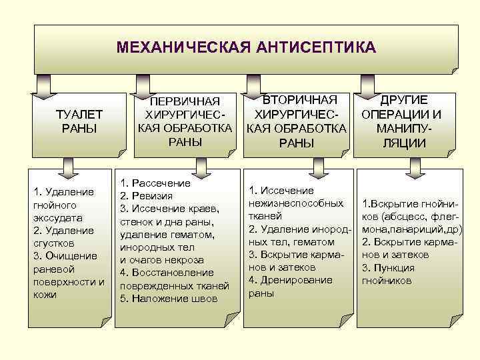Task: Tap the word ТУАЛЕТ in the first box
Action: (x=79, y=114)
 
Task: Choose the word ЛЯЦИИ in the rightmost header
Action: (x=401, y=142)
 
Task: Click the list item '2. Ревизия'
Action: (x=146, y=196)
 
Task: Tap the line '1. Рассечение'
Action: (x=155, y=183)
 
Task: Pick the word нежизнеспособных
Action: (x=295, y=203)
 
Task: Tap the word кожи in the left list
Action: (x=44, y=294)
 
